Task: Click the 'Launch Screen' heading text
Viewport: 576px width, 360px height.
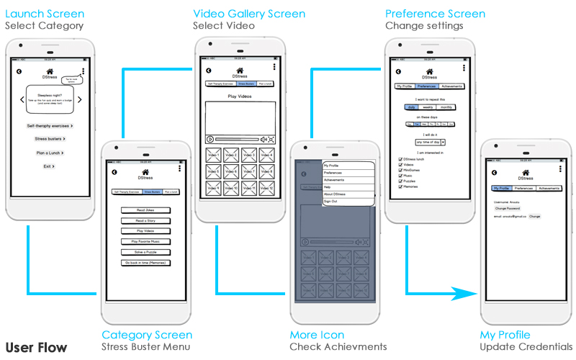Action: click(x=45, y=14)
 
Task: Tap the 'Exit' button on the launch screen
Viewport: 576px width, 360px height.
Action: click(x=49, y=166)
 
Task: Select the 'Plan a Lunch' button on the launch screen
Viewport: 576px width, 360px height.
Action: click(x=49, y=153)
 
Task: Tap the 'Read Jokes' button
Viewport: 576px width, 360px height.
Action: click(x=145, y=210)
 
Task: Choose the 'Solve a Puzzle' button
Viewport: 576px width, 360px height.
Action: click(x=145, y=252)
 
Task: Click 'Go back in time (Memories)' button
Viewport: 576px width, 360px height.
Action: click(x=145, y=263)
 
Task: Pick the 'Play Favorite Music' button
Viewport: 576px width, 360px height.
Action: click(x=145, y=241)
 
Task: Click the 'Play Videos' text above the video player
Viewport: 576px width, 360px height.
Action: click(x=240, y=96)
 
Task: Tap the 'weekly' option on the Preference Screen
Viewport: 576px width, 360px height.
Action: click(x=428, y=107)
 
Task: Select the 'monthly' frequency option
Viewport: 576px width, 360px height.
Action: click(x=446, y=107)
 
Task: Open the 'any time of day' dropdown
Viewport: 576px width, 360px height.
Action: click(x=430, y=143)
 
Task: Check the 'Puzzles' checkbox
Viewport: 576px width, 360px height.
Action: click(x=400, y=181)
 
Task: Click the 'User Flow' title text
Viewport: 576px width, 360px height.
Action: click(x=36, y=348)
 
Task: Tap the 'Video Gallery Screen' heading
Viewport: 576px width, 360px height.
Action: click(x=249, y=14)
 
